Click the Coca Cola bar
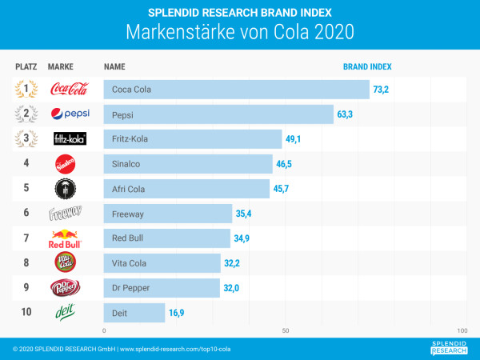236,90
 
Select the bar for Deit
134,312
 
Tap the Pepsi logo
67,114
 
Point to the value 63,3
346,114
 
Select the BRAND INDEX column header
367,66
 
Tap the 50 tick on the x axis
285,330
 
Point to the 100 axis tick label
462,330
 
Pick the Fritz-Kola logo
68,139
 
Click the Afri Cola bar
186,189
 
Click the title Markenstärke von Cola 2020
240,34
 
